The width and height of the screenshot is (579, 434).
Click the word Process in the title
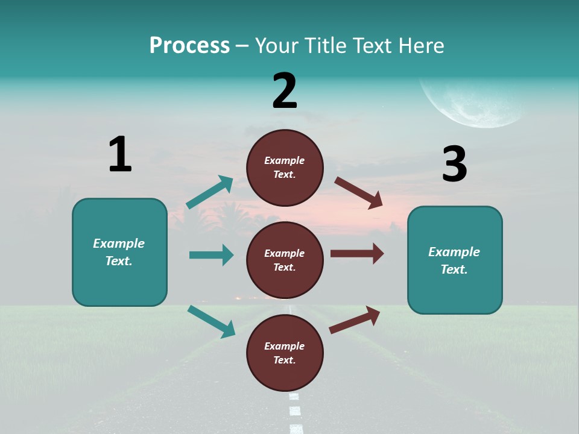(x=189, y=46)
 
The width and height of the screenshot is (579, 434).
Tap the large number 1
(x=120, y=154)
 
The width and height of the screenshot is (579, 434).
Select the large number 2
(x=285, y=91)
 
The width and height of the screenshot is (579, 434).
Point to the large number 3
(x=455, y=164)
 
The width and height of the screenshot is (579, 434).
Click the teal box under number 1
(x=119, y=252)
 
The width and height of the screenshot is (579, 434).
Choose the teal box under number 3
(x=455, y=260)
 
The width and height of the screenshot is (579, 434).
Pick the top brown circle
(x=285, y=168)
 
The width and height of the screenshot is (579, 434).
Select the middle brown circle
(x=285, y=260)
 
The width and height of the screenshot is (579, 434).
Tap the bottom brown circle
(x=285, y=353)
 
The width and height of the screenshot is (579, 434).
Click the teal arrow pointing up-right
(x=210, y=192)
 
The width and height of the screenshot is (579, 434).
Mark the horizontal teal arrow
(x=211, y=255)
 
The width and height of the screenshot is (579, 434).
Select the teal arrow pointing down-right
(x=211, y=321)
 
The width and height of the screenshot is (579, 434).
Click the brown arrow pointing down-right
(x=359, y=193)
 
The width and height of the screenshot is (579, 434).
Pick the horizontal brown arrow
(x=357, y=254)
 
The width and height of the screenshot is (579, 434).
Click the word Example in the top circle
(x=285, y=160)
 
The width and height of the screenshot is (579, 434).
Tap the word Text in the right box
(x=454, y=269)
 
